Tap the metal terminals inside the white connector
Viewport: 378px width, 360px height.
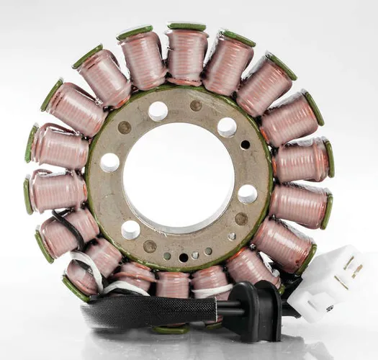point(352,270)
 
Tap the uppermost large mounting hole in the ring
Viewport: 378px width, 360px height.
point(158,110)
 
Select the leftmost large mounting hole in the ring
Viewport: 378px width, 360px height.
point(109,162)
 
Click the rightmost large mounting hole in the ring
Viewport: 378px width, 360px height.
point(247,194)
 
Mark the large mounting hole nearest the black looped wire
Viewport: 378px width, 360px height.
point(130,230)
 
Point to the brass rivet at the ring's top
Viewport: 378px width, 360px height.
point(196,106)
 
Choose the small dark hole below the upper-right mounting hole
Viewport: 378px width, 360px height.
point(245,145)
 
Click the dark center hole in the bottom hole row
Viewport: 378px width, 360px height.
point(183,258)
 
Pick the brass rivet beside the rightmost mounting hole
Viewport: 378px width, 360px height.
point(241,218)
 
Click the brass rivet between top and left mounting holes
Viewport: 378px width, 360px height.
point(125,127)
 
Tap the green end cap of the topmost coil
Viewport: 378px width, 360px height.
point(186,27)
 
